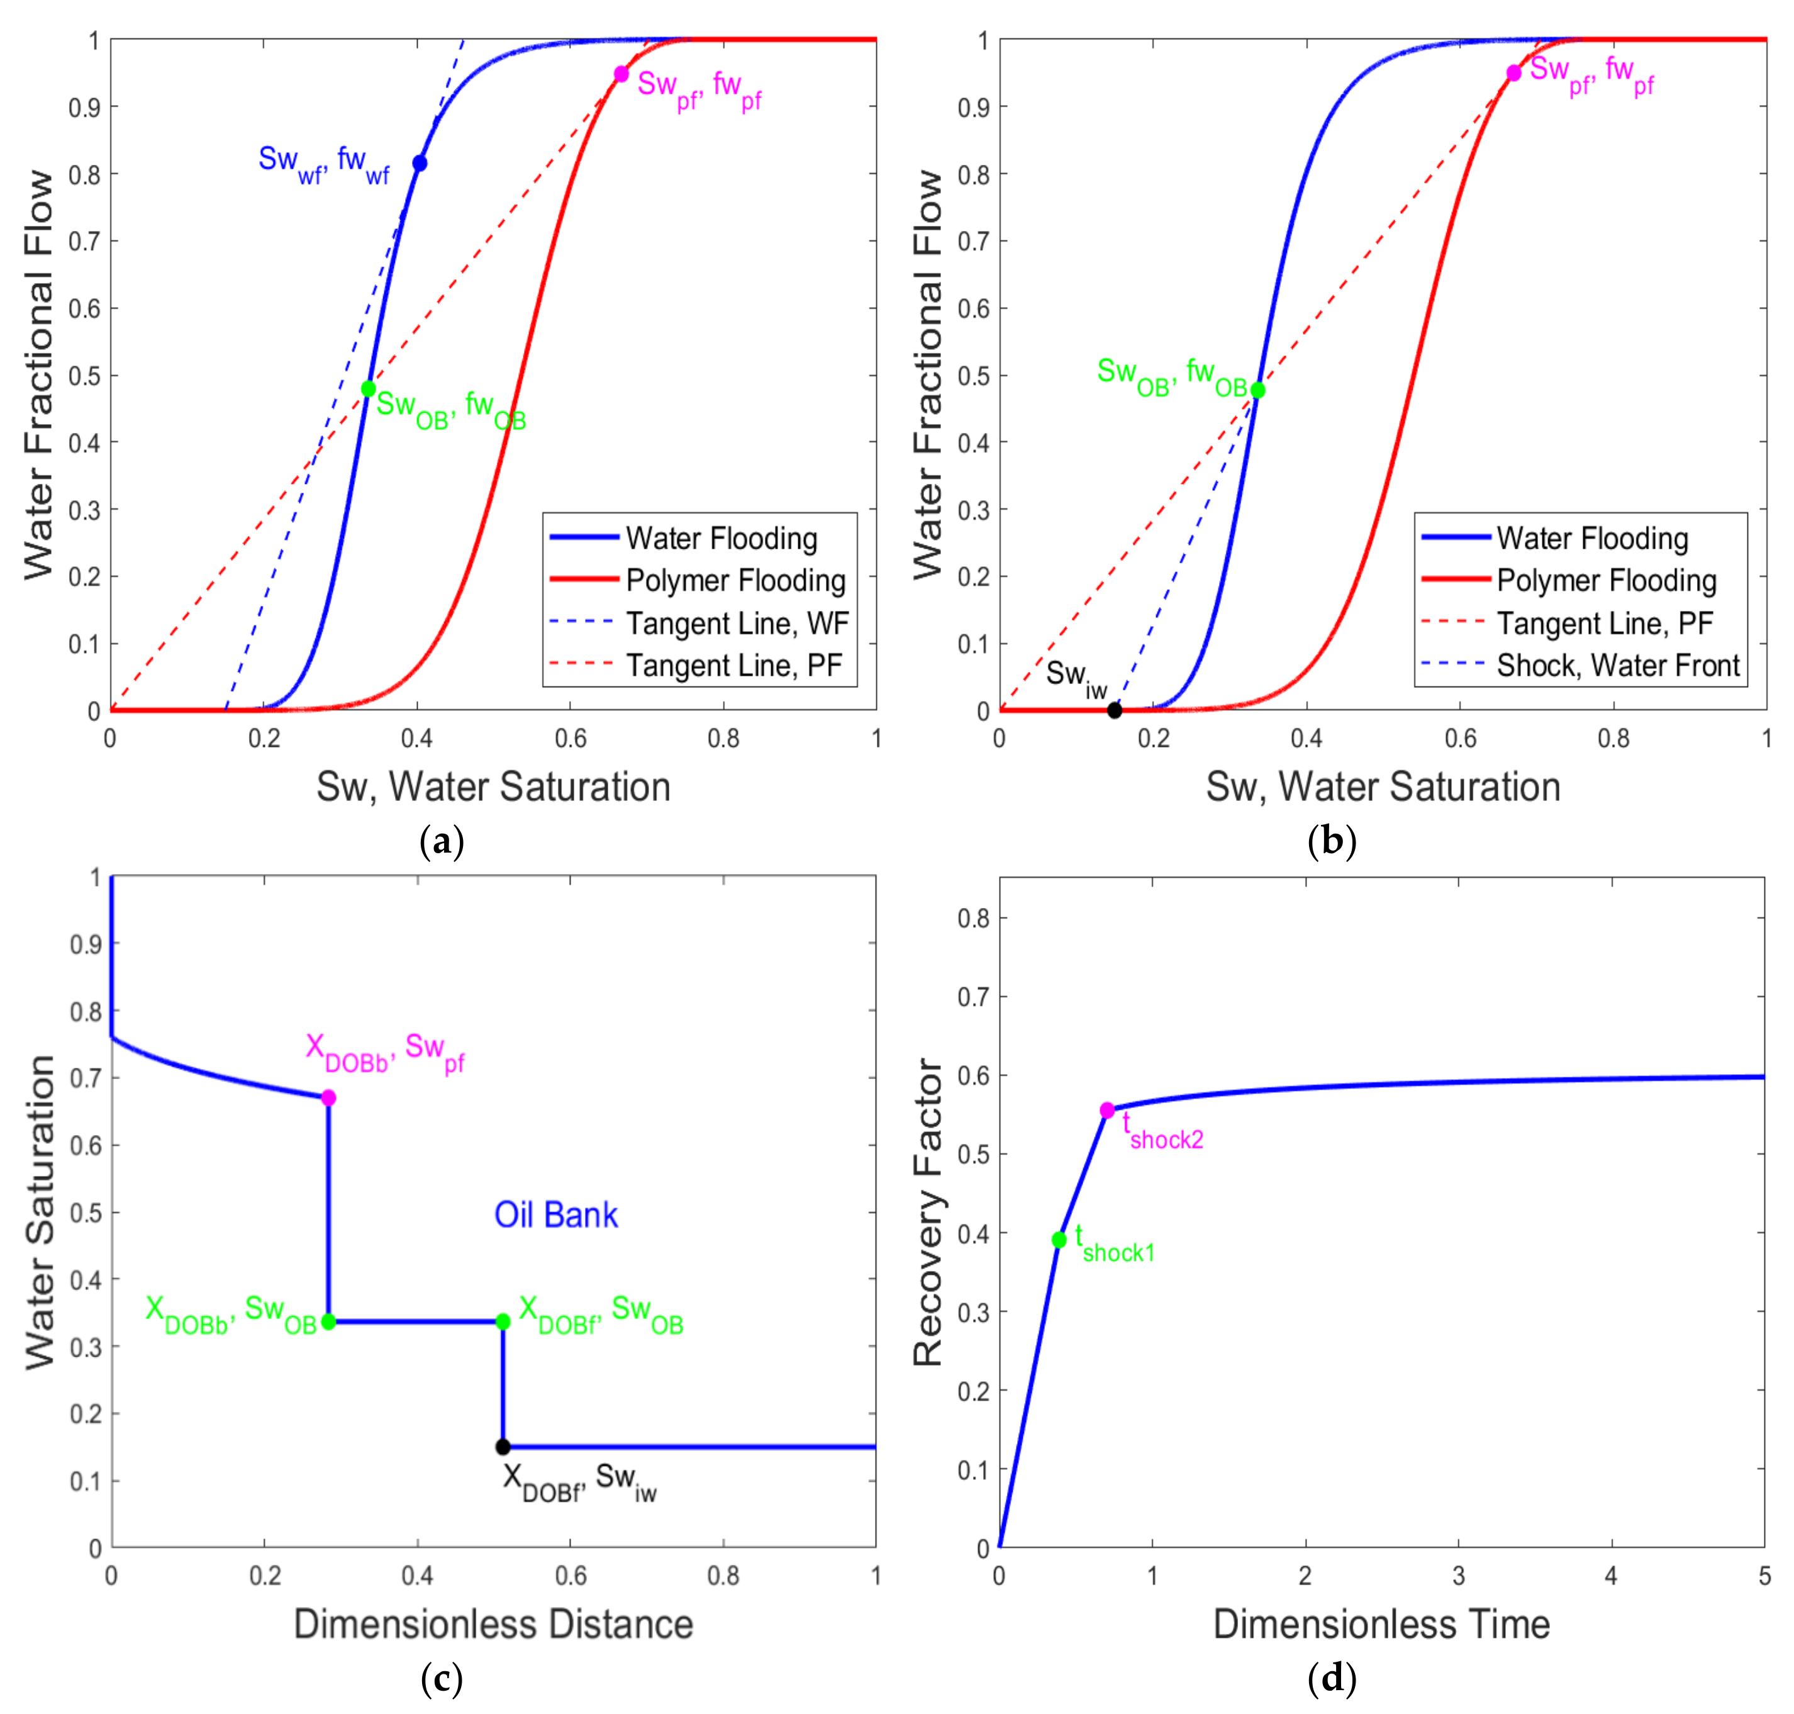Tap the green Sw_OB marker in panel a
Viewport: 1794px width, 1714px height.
pyautogui.click(x=368, y=389)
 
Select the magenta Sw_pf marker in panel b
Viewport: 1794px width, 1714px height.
pyautogui.click(x=1513, y=73)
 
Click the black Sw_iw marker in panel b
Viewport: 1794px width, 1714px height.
pyautogui.click(x=1115, y=711)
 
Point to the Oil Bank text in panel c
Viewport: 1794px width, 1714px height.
pyautogui.click(x=555, y=1215)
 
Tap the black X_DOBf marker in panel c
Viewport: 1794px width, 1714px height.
pyautogui.click(x=503, y=1447)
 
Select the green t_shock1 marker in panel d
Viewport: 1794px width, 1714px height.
pyautogui.click(x=1059, y=1240)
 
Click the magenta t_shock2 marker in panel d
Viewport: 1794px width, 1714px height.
pyautogui.click(x=1107, y=1110)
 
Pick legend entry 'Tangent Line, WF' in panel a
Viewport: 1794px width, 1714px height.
pyautogui.click(x=736, y=623)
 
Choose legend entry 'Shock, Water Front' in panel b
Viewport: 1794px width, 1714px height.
pyautogui.click(x=1618, y=665)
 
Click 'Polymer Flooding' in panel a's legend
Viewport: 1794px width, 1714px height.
pyautogui.click(x=735, y=580)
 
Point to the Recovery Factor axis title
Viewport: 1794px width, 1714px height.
pyautogui.click(x=927, y=1213)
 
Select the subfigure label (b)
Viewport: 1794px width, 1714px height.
pyautogui.click(x=1331, y=839)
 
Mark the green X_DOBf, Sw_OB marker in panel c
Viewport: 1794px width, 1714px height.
pyautogui.click(x=503, y=1321)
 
